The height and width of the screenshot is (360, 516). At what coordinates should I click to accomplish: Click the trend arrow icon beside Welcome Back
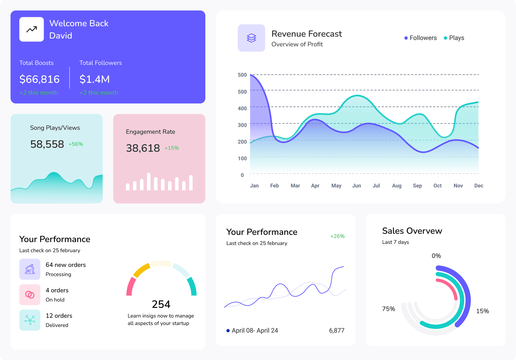pyautogui.click(x=31, y=29)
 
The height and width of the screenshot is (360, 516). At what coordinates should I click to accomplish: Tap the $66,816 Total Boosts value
pyautogui.click(x=40, y=79)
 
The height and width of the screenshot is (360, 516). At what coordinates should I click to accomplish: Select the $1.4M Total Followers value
pyautogui.click(x=95, y=79)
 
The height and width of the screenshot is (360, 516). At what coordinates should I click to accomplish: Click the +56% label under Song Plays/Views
pyautogui.click(x=76, y=144)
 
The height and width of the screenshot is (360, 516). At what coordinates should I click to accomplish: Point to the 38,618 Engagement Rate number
pyautogui.click(x=143, y=148)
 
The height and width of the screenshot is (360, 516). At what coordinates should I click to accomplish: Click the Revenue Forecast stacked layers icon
pyautogui.click(x=251, y=38)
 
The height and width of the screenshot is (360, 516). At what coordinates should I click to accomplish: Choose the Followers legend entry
pyautogui.click(x=421, y=38)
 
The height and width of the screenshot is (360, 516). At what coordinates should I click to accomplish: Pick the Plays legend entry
pyautogui.click(x=454, y=38)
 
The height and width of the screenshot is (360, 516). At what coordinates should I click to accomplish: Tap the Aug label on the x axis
pyautogui.click(x=397, y=186)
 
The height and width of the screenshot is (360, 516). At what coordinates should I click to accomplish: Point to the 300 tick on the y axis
pyautogui.click(x=242, y=125)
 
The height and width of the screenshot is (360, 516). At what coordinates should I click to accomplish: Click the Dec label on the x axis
pyautogui.click(x=479, y=186)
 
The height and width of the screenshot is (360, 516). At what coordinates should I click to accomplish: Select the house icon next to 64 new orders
pyautogui.click(x=30, y=269)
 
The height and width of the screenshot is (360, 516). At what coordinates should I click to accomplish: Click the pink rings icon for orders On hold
pyautogui.click(x=30, y=295)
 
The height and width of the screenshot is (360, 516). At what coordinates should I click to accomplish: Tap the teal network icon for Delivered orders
pyautogui.click(x=30, y=320)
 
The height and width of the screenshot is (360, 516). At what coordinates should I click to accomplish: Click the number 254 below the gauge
pyautogui.click(x=161, y=304)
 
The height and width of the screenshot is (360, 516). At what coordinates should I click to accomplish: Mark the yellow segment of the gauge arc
pyautogui.click(x=142, y=270)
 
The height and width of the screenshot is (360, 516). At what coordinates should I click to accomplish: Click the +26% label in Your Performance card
pyautogui.click(x=337, y=236)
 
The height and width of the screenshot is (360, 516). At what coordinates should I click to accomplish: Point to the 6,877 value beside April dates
pyautogui.click(x=336, y=330)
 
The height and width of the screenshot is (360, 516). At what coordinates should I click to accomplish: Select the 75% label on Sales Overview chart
pyautogui.click(x=388, y=309)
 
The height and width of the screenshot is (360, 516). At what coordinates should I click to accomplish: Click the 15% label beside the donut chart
pyautogui.click(x=482, y=311)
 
